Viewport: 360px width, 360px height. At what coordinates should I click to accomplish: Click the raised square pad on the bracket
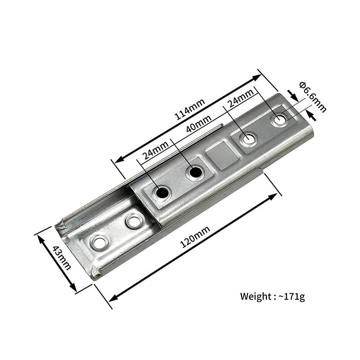click(x=223, y=155)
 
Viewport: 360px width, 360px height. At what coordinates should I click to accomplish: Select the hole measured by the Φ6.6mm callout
click(x=280, y=120)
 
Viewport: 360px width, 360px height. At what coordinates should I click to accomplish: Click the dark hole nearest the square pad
click(x=195, y=173)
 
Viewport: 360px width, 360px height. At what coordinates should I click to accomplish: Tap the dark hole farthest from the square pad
click(x=162, y=193)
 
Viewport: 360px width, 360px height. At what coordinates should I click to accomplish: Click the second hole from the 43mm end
click(x=133, y=221)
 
